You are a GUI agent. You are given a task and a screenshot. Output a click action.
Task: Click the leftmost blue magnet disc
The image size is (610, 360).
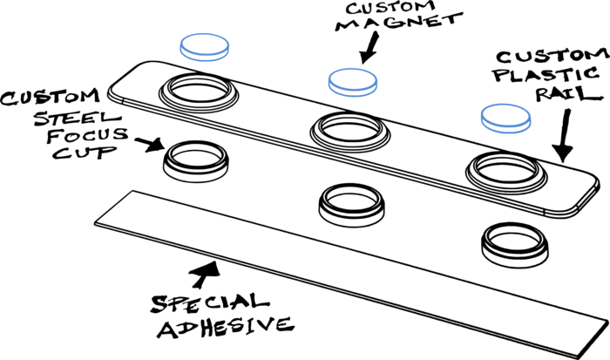(x=205, y=46)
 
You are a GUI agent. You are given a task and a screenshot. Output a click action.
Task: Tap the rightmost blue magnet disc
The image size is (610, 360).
(x=505, y=118)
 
